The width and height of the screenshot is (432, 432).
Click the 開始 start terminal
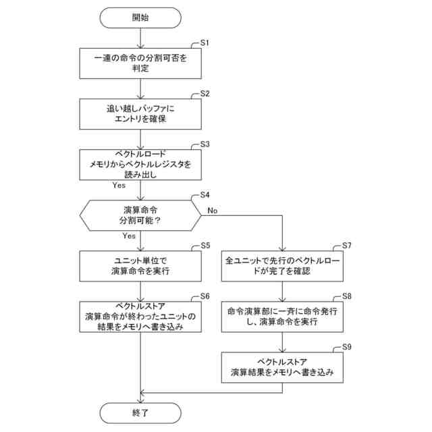tap(140, 18)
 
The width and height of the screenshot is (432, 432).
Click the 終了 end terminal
tap(140, 410)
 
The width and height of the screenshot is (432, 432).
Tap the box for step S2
tap(140, 113)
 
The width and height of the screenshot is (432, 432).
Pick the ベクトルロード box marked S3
tap(140, 164)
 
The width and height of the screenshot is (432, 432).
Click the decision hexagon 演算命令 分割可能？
tap(140, 215)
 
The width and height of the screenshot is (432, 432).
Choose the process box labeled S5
tap(140, 265)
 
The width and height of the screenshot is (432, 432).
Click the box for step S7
tap(283, 265)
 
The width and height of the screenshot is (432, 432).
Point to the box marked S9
tap(283, 367)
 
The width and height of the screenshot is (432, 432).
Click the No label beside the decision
tap(213, 211)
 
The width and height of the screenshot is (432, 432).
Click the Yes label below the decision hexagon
tap(129, 236)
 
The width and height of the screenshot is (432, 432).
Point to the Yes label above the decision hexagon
tap(119, 185)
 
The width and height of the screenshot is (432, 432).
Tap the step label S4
tap(205, 196)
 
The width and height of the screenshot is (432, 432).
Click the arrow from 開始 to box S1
tap(140, 38)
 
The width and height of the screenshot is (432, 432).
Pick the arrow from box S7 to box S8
tap(283, 291)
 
